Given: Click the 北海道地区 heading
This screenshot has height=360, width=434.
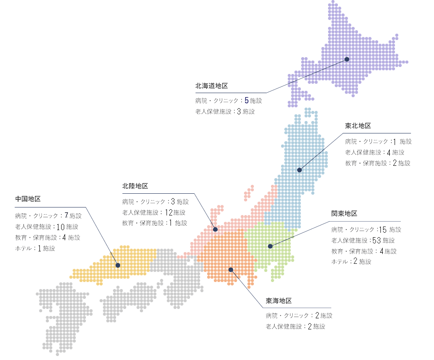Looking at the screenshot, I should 211,86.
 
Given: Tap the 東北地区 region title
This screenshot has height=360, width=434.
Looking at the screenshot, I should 358,126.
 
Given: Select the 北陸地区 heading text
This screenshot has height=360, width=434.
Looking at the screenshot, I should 135,186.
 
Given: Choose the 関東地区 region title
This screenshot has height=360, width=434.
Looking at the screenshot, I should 344,214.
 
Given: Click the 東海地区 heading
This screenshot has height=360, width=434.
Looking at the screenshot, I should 279,301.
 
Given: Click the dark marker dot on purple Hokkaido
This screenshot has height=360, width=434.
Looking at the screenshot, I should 347,59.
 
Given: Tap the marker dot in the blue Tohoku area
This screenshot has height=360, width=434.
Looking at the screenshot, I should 299,170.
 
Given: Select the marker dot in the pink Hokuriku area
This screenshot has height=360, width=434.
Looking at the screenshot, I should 215,230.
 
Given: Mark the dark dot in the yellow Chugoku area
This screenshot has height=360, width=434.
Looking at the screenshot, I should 118,265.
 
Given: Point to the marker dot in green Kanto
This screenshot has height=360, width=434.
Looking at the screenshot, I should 270,246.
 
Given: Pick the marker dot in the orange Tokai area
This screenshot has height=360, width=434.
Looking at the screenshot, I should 231,270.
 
